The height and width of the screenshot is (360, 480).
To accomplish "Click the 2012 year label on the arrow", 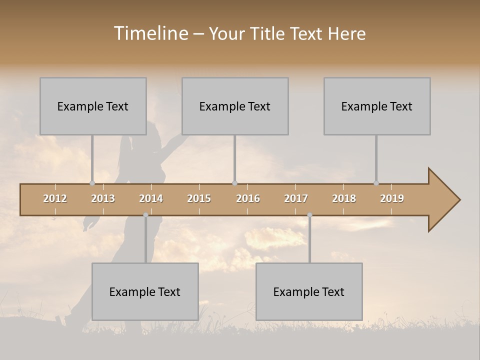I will (x=55, y=198).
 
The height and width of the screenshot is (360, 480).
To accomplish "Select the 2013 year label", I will (x=103, y=198).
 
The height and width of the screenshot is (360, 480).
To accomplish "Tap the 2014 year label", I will (x=151, y=198).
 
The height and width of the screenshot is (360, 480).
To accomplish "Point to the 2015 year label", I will (x=199, y=198).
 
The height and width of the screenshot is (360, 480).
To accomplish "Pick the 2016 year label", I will (x=248, y=198).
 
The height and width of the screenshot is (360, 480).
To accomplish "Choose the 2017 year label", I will (x=296, y=198).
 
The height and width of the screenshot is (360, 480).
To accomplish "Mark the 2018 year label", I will (x=344, y=198).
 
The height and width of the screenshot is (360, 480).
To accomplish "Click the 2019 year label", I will (x=392, y=198).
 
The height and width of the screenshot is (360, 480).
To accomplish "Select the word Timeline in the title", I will (x=150, y=33).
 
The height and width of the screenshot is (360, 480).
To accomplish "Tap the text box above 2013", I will (x=93, y=106).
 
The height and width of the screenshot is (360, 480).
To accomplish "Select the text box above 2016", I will (x=235, y=106).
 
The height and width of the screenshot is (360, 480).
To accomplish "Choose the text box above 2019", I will (x=377, y=106).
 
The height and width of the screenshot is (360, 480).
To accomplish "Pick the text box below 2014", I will (x=145, y=291).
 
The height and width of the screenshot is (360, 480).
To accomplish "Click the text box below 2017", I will (x=309, y=291).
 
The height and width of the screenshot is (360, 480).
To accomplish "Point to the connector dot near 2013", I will (x=92, y=183).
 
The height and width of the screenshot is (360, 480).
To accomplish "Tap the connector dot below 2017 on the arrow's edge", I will (x=309, y=215).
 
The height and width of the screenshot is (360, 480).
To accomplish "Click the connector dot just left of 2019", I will (x=376, y=183).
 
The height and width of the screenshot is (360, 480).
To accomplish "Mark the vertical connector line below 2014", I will (x=145, y=240).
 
